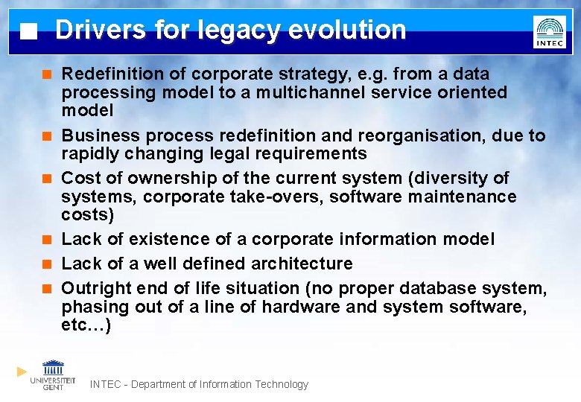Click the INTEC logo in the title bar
(x=549, y=32)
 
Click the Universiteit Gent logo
(x=53, y=374)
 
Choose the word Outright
(x=93, y=288)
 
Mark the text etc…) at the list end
(x=86, y=325)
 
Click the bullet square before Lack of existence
(x=47, y=240)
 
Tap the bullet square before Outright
(x=47, y=289)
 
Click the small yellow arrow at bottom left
(x=22, y=371)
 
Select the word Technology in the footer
(x=281, y=384)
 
